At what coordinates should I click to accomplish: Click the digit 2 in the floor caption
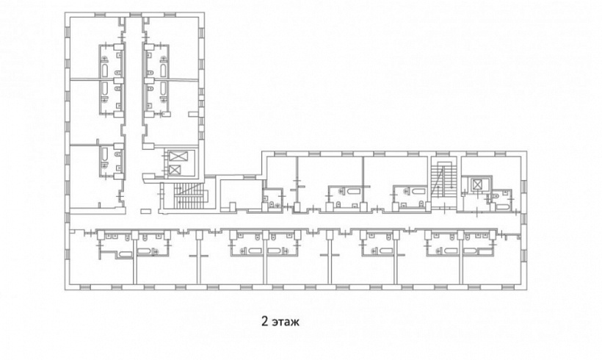coord(264,321)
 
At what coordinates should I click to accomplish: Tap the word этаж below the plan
coord(286,322)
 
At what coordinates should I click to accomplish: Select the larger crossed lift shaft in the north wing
coord(178,156)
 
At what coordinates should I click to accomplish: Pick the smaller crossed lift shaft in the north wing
coord(175,170)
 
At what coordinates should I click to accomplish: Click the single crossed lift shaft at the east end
coord(476,185)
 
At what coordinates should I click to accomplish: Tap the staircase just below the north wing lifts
coord(190,195)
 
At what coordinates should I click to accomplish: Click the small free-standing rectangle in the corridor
coord(146,211)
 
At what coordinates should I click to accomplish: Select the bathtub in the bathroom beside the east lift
coord(502,207)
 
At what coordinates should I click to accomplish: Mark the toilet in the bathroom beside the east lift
coord(496,196)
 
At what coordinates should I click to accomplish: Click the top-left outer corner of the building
coord(65,12)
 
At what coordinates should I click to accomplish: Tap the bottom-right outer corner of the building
coord(526,289)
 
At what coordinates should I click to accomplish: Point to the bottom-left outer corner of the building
coord(65,289)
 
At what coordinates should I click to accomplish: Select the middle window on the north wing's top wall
coord(134,15)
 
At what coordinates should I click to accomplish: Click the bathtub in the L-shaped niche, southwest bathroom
coord(125,254)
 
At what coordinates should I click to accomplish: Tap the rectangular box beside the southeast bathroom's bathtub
coord(485,252)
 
